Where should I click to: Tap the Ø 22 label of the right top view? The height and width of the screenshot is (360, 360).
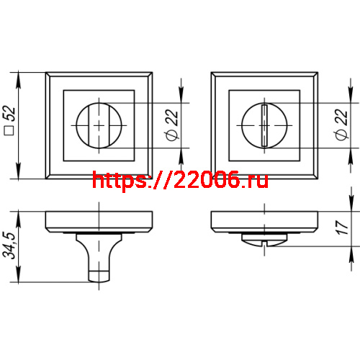click(338, 126)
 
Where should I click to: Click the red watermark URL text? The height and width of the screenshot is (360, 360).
click(181, 180)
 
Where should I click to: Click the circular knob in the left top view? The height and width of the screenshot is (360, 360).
click(98, 125)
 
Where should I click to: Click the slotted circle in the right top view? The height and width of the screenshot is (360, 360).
click(264, 125)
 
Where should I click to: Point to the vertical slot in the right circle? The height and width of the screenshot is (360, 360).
click(264, 125)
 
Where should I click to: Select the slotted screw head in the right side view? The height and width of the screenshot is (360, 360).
click(264, 241)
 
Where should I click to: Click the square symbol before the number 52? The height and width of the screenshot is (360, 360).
click(9, 132)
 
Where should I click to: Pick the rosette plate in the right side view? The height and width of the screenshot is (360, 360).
click(264, 221)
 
